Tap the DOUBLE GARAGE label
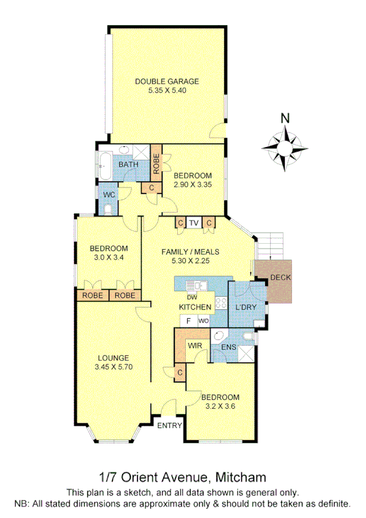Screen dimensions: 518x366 point(167,81)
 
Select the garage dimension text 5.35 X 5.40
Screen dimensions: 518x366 point(167,90)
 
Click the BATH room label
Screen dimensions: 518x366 point(128,165)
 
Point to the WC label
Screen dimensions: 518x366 point(109,194)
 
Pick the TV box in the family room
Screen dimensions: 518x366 point(194,223)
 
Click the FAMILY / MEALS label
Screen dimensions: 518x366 point(190,252)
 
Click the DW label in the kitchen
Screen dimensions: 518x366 point(192,297)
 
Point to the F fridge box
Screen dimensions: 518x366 point(188,321)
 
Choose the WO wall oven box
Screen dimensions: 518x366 point(203,321)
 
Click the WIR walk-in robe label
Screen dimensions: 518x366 point(195,346)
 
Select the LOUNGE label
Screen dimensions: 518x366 point(112,358)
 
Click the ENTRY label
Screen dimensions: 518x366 point(169,426)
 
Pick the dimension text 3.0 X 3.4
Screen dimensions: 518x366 point(109,258)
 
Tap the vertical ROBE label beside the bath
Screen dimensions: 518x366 point(156,162)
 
